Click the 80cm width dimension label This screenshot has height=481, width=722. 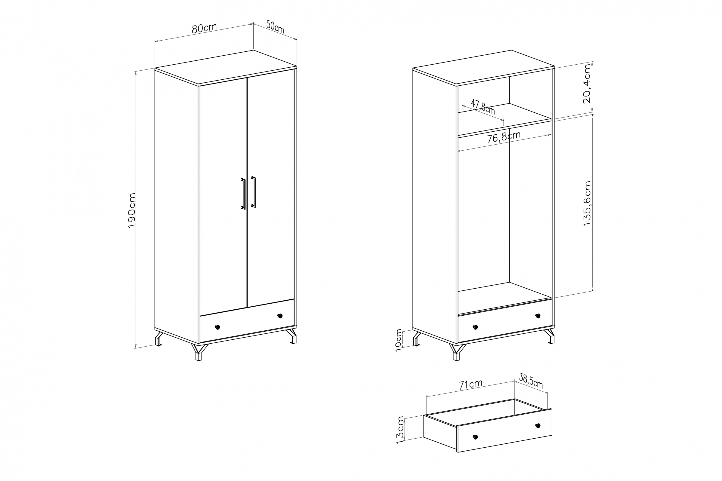(204, 28)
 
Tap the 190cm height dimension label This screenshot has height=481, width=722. (132, 210)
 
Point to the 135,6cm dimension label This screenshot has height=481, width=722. (587, 204)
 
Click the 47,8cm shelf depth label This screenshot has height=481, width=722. (483, 106)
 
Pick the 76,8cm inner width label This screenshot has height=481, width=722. (504, 137)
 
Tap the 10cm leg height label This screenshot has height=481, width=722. (398, 340)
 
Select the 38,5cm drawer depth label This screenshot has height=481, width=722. (531, 381)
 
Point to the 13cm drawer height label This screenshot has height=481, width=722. (400, 430)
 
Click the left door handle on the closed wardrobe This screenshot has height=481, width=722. (243, 194)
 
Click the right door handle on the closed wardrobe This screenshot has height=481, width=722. (254, 192)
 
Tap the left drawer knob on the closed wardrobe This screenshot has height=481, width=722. (217, 327)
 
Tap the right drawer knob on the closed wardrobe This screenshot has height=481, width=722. (280, 316)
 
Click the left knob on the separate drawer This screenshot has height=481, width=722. (475, 437)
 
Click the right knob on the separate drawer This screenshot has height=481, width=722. (538, 425)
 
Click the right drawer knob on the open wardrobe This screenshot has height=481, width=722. (538, 316)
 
